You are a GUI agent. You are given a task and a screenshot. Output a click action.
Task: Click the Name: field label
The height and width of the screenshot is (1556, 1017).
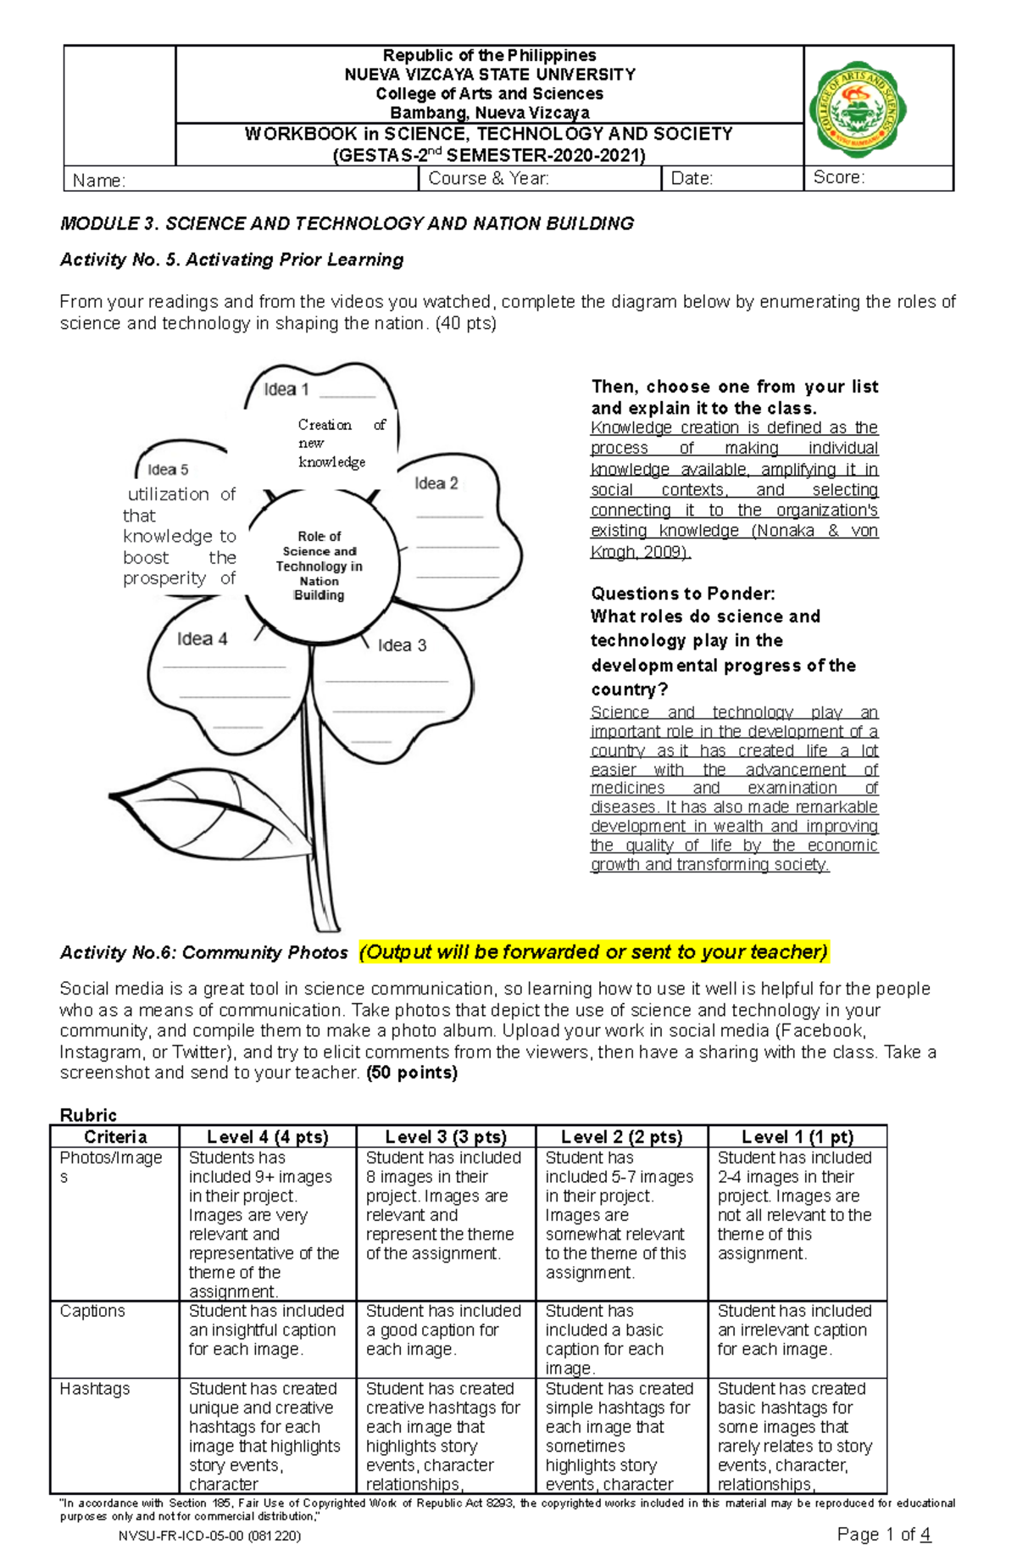coord(99,181)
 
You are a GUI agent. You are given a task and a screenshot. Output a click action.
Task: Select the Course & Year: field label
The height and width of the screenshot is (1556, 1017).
coord(488,178)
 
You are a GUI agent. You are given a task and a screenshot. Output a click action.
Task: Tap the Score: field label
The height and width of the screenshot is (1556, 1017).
coord(839,177)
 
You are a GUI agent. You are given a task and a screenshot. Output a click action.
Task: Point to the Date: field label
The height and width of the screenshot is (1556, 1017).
coord(692,178)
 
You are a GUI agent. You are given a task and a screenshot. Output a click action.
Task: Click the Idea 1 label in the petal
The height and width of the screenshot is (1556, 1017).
coord(286,390)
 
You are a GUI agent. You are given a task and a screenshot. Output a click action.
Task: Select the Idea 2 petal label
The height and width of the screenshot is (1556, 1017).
coord(436,483)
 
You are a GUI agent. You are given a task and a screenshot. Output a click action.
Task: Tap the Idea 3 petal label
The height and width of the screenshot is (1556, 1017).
coord(402,645)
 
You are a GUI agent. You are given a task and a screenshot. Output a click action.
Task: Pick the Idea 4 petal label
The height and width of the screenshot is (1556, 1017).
coord(202,639)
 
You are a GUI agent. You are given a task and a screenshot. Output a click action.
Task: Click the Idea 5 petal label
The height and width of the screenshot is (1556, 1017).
coord(168,470)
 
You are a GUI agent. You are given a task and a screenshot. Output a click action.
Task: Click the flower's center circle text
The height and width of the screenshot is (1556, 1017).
coord(320,566)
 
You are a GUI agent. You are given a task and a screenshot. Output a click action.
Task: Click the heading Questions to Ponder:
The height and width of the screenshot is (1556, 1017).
coord(683,594)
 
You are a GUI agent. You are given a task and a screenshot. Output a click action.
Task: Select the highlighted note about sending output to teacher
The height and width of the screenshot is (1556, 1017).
coord(593,952)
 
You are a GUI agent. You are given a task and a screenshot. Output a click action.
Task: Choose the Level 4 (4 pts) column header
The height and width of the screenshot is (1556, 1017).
coord(267,1137)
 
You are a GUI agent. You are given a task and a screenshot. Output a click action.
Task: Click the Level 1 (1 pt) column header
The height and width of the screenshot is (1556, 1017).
coord(797,1137)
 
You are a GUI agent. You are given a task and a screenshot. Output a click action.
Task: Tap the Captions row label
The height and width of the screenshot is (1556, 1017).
coord(92,1311)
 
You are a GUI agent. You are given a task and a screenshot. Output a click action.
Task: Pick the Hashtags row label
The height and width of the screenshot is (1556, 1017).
coord(95,1389)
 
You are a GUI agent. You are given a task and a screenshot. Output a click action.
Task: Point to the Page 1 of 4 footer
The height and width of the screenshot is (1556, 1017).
coord(883,1534)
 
